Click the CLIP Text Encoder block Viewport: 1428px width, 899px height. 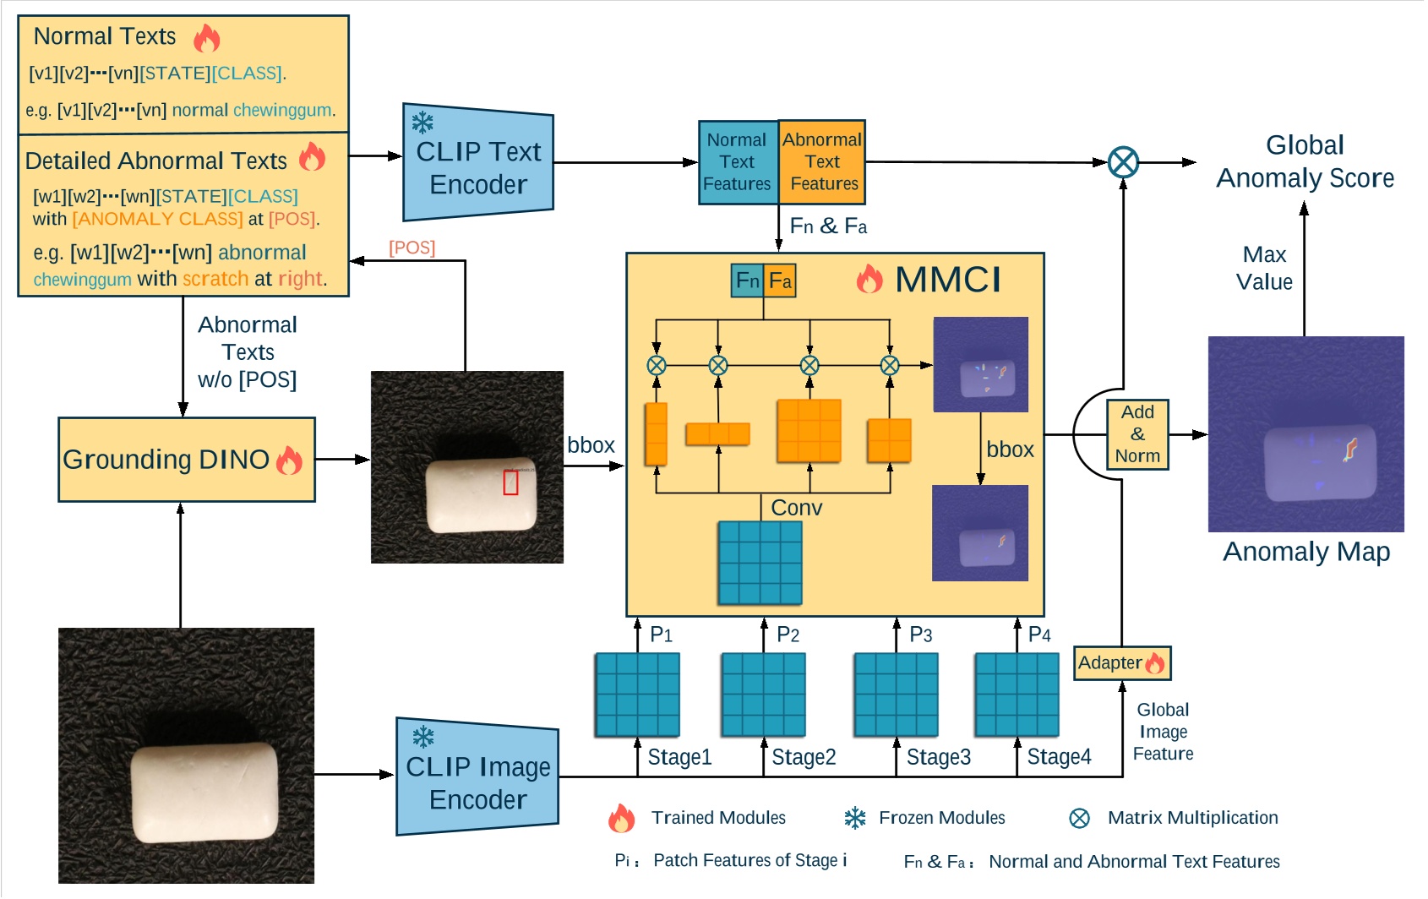point(478,163)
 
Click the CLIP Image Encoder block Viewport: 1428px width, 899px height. point(477,778)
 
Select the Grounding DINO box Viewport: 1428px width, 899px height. point(186,460)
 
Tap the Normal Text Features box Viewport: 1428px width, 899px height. point(738,162)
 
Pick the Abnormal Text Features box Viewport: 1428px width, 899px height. point(822,162)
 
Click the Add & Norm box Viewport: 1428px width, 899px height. point(1137,434)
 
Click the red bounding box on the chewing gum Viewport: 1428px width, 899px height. point(510,482)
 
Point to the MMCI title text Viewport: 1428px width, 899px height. point(947,280)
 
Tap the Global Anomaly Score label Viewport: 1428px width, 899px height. point(1305,161)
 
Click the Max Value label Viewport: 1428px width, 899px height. point(1264,268)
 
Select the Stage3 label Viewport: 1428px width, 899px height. point(938,757)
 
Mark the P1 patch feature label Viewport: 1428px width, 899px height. point(662,635)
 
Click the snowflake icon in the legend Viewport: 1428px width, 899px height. point(855,818)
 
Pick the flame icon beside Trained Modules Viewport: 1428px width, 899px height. point(621,818)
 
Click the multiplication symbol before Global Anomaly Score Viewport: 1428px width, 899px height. point(1123,162)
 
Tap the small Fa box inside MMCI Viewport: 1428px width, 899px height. point(780,281)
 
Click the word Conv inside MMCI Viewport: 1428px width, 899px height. point(796,508)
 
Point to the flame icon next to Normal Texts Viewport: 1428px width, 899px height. point(207,38)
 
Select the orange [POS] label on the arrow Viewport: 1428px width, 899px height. point(412,248)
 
